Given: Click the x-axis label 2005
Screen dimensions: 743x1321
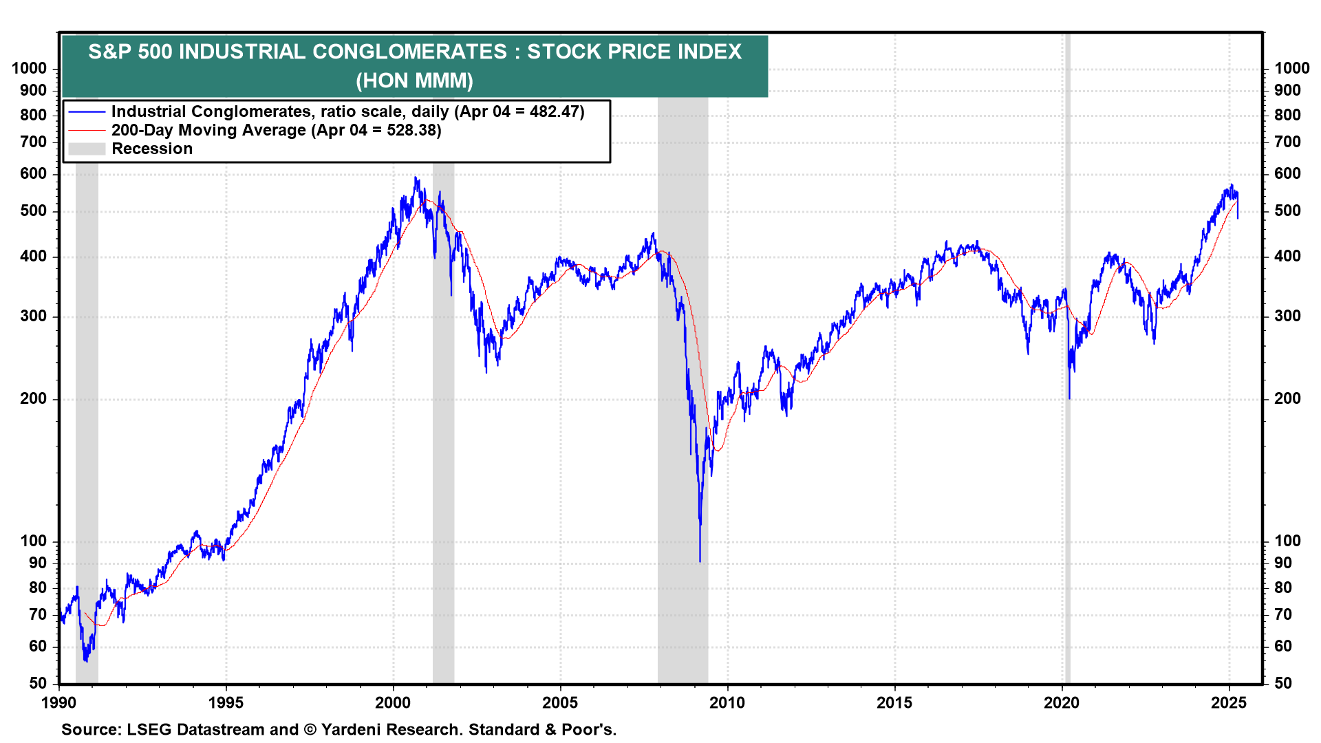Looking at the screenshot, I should tap(560, 702).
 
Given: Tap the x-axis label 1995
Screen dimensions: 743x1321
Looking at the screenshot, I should tap(226, 702).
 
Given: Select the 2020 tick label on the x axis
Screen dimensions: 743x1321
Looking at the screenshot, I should tap(1062, 702).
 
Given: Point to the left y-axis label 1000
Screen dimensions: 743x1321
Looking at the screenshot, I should tap(30, 68).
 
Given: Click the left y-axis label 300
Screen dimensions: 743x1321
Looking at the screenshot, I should tap(34, 316).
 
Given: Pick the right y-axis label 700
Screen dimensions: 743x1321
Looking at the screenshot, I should tap(1287, 142).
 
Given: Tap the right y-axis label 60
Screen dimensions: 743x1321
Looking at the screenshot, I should tap(1283, 646).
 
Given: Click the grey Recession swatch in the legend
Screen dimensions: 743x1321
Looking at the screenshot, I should tap(87, 149).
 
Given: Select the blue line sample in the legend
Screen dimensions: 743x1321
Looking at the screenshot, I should tap(87, 111).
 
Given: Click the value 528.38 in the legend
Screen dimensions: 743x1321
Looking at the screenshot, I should tap(411, 130).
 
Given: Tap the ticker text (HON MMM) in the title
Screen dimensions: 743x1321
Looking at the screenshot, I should tap(414, 80).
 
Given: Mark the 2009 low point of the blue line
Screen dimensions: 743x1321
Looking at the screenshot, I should tap(700, 561).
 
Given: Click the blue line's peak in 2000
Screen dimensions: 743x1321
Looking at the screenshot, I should tap(415, 178).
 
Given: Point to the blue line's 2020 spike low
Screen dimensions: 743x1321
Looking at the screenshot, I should tap(1069, 397).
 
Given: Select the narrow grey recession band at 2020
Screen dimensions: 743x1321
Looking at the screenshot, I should tap(1067, 482).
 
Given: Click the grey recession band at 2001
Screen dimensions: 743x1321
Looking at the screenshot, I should tap(443, 482).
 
